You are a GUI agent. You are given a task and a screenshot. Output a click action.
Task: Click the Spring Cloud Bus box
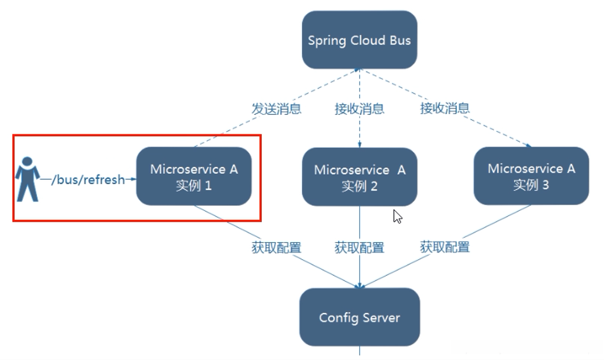click(x=359, y=40)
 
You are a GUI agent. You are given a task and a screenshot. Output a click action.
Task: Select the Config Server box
click(x=359, y=317)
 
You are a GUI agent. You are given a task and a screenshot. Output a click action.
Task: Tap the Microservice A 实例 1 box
click(x=194, y=176)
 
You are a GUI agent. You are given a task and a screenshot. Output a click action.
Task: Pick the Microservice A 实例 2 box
click(x=359, y=176)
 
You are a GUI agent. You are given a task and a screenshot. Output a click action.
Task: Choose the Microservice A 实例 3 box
click(x=531, y=176)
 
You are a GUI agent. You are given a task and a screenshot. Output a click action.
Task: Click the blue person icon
click(x=27, y=179)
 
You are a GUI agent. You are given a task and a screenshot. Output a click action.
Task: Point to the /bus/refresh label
click(x=88, y=180)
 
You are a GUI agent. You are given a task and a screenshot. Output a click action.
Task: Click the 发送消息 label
click(x=276, y=109)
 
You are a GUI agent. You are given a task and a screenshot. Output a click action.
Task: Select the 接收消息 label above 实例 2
click(x=359, y=109)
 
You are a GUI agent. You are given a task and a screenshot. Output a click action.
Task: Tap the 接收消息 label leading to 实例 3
click(x=445, y=108)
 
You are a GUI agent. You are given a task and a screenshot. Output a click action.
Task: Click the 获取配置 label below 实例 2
click(x=359, y=248)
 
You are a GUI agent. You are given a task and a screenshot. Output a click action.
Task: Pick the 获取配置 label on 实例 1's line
click(x=276, y=248)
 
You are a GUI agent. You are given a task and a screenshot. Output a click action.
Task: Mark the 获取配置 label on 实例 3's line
click(x=445, y=247)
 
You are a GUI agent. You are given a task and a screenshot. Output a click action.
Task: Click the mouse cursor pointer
click(x=397, y=217)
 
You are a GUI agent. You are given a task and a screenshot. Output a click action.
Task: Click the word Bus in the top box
click(x=400, y=40)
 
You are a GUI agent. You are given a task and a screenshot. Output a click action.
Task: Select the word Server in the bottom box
click(x=382, y=318)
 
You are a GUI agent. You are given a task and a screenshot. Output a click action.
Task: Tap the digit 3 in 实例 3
click(x=545, y=185)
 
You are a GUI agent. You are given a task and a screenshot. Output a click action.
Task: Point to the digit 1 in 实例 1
click(x=208, y=185)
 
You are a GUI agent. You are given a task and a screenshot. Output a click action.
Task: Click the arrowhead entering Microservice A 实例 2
click(x=359, y=145)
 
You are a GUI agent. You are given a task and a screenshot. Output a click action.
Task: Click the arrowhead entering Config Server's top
click(x=359, y=286)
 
